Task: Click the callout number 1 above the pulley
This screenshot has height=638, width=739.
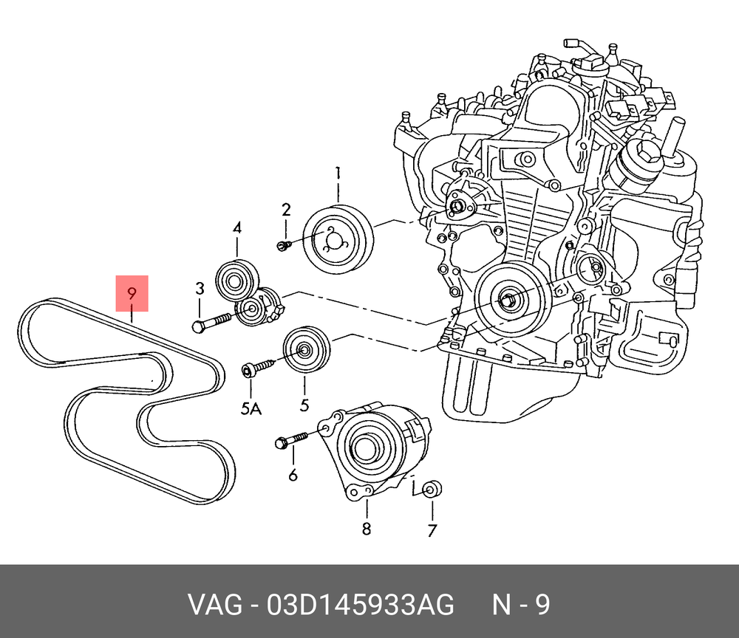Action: pyautogui.click(x=338, y=174)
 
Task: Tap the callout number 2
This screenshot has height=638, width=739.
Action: pyautogui.click(x=286, y=210)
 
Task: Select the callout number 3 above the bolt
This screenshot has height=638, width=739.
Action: pyautogui.click(x=200, y=289)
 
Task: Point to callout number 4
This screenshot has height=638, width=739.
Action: pyautogui.click(x=237, y=228)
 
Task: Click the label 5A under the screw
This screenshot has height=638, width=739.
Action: pyautogui.click(x=251, y=408)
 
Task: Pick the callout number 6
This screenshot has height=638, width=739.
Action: pyautogui.click(x=293, y=475)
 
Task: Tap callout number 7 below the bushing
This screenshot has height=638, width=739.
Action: pyautogui.click(x=432, y=530)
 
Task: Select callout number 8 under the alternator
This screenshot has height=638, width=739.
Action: pyautogui.click(x=367, y=529)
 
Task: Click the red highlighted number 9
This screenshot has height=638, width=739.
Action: pyautogui.click(x=132, y=293)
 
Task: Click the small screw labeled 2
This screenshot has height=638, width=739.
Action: pyautogui.click(x=283, y=245)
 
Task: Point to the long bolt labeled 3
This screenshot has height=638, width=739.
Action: pyautogui.click(x=212, y=323)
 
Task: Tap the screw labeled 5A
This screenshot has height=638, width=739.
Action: pyautogui.click(x=257, y=368)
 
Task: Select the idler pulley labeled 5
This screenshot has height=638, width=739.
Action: pyautogui.click(x=307, y=349)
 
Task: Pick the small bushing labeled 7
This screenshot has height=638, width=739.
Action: pyautogui.click(x=432, y=490)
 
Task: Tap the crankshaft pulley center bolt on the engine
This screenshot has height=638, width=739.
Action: pyautogui.click(x=508, y=300)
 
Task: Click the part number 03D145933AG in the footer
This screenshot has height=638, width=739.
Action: pyautogui.click(x=360, y=605)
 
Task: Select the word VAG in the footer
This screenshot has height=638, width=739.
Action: pyautogui.click(x=215, y=605)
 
